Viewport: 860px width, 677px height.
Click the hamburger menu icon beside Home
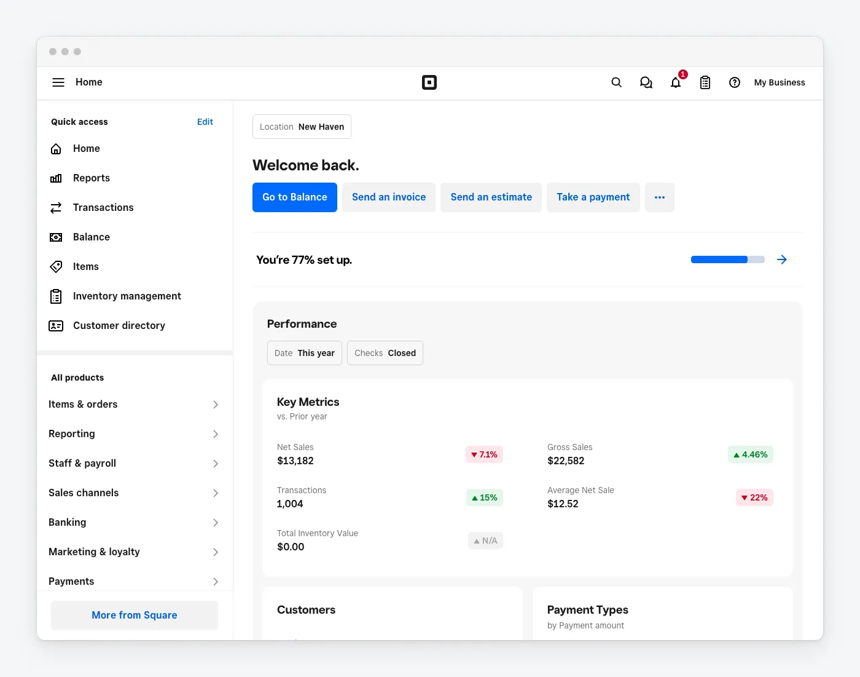coord(58,82)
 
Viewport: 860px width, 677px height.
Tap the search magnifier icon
coord(617,82)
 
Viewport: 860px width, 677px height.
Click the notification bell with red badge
coord(676,82)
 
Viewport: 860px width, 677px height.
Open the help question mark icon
coord(735,82)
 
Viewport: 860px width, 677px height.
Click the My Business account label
coord(780,82)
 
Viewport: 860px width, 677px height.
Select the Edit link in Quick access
coord(205,122)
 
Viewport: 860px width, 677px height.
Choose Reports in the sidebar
coord(91,178)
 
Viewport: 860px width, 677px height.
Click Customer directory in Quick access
coord(119,326)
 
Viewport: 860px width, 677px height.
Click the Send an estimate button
coord(491,197)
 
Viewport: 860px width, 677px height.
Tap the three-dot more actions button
coord(660,197)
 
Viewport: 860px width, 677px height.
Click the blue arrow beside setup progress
coord(782,259)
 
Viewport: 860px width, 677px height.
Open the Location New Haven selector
coord(302,127)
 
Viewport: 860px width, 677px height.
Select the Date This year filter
coord(305,353)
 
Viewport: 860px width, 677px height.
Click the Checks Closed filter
coord(385,353)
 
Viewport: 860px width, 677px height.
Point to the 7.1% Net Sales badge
coord(484,454)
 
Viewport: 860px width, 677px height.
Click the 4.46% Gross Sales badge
coord(750,454)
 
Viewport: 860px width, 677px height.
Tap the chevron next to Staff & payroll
coord(216,464)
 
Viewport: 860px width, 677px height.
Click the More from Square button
coord(135,616)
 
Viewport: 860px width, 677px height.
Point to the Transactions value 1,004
coord(290,504)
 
